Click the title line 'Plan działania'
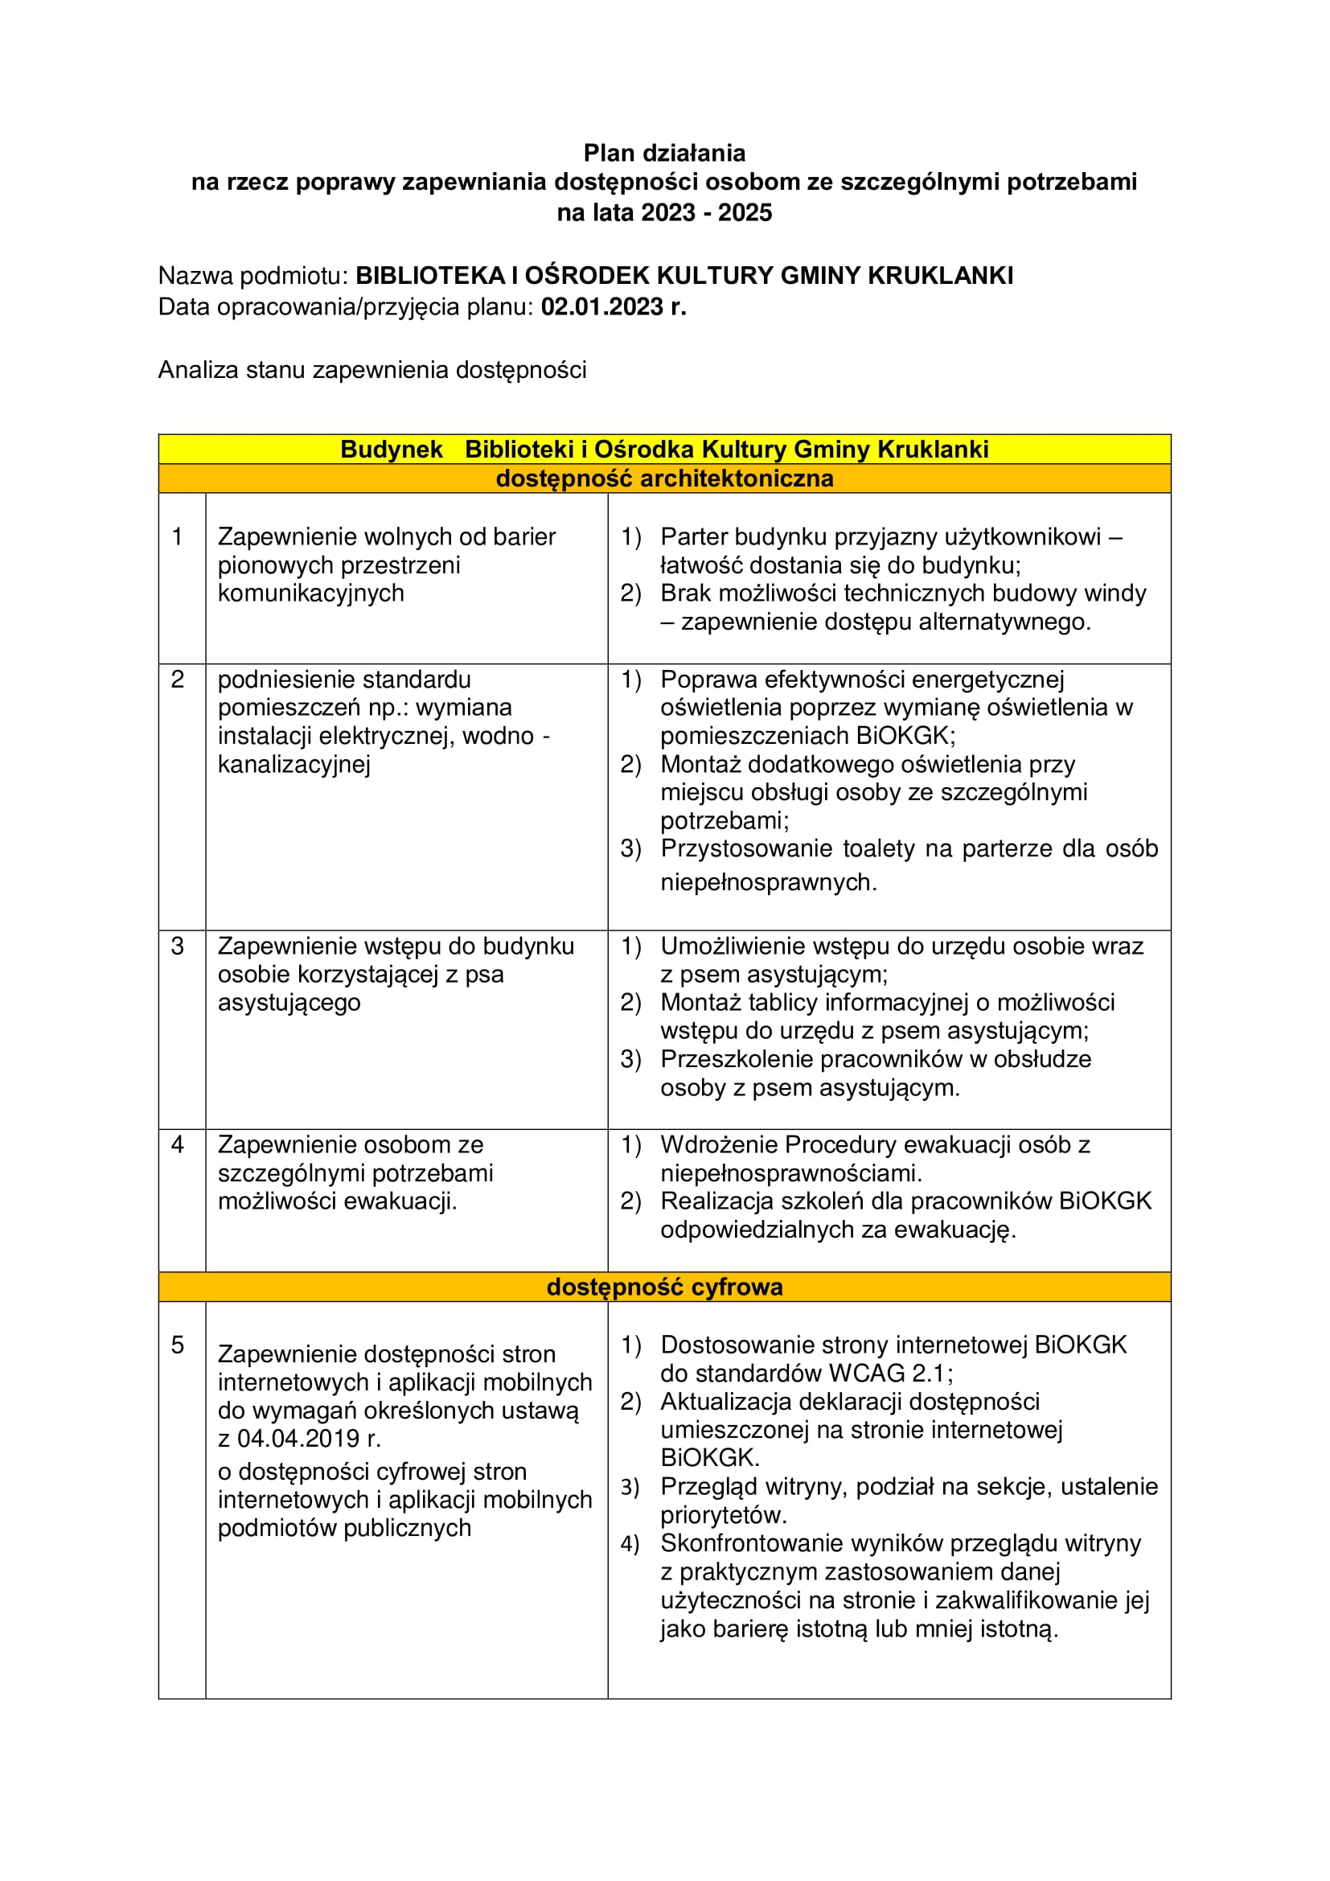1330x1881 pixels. click(664, 154)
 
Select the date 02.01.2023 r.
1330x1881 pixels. click(614, 307)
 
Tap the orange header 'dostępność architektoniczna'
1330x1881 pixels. click(664, 478)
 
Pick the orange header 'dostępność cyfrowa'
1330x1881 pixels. click(664, 1287)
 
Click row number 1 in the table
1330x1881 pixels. click(177, 536)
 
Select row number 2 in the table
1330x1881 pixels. click(177, 680)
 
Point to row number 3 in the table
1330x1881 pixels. click(177, 947)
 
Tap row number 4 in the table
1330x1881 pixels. click(177, 1144)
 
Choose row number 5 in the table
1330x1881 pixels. click(177, 1345)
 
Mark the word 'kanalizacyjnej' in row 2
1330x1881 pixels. click(294, 764)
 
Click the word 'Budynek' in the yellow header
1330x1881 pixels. click(392, 450)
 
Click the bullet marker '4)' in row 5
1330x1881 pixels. click(630, 1544)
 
